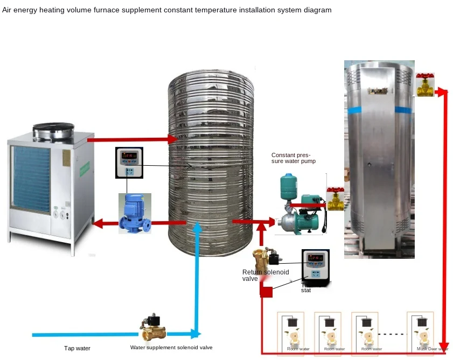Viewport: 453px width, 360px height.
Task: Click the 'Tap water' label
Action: (78, 348)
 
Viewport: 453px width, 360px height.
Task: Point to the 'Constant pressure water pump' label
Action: (293, 158)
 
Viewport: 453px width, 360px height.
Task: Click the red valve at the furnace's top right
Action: (425, 84)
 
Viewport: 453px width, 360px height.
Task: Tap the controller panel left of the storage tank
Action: (130, 162)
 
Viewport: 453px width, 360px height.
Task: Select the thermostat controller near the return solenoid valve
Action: (315, 266)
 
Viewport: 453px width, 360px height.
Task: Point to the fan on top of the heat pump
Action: (53, 131)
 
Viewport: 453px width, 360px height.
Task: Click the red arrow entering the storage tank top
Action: (172, 139)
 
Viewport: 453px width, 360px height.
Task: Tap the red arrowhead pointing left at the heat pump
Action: (98, 222)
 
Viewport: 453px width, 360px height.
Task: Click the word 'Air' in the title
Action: (8, 10)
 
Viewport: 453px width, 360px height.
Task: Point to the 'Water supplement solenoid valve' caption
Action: (171, 348)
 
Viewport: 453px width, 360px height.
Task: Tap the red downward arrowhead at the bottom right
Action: (444, 344)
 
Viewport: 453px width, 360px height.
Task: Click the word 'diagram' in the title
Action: (318, 10)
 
